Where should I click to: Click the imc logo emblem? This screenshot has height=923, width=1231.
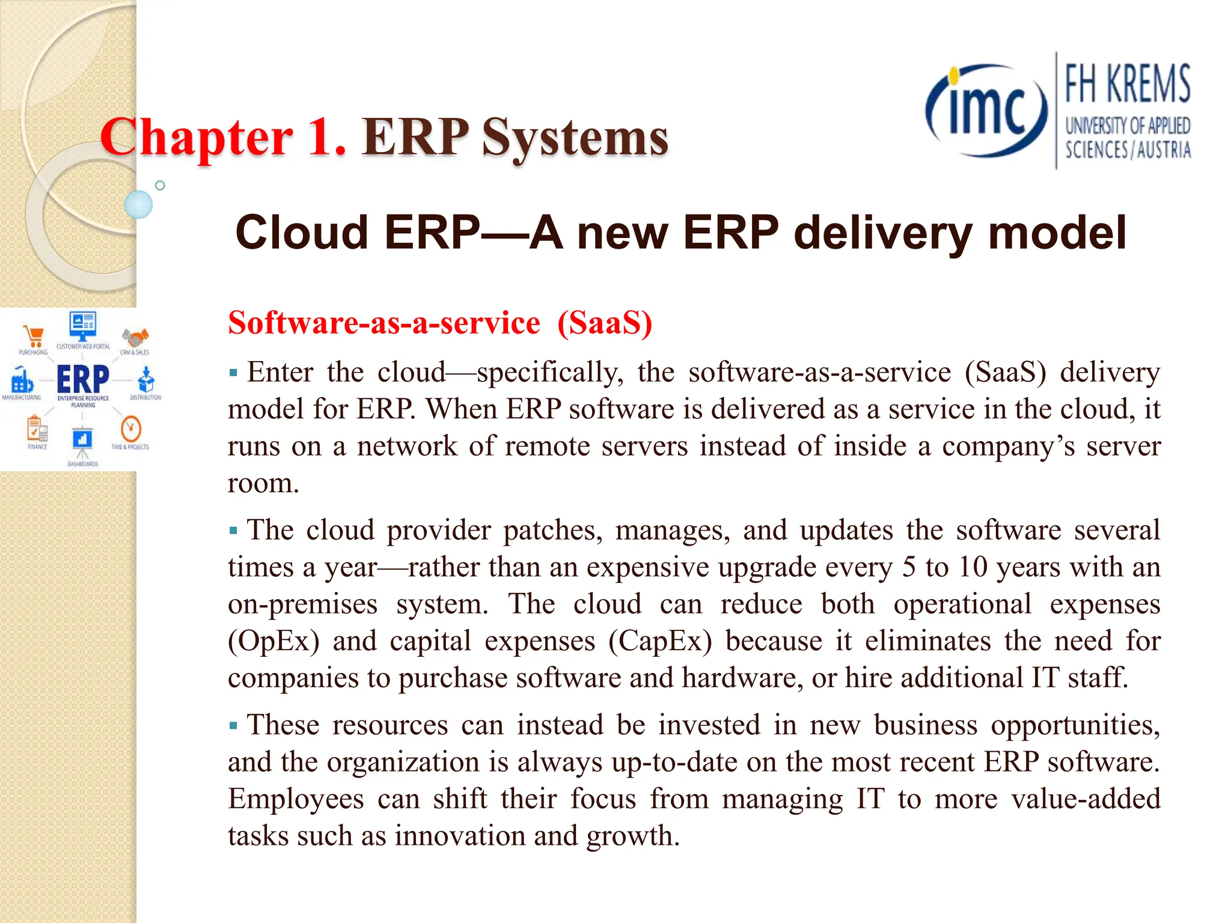click(x=986, y=111)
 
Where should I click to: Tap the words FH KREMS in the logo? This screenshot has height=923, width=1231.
click(x=1127, y=84)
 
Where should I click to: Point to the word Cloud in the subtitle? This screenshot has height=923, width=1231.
click(x=301, y=233)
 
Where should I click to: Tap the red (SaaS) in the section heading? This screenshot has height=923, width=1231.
click(x=604, y=323)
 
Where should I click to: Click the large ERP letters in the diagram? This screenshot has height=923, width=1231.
click(x=83, y=379)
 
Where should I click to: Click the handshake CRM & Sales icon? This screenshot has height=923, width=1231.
click(x=135, y=338)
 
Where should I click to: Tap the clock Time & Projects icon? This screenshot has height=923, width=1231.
click(x=130, y=429)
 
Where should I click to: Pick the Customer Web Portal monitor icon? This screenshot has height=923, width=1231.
click(x=83, y=326)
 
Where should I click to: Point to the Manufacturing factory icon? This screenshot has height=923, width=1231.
click(x=22, y=380)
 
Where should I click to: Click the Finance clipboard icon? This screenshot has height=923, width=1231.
click(x=37, y=429)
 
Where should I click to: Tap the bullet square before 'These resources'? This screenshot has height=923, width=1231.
click(x=233, y=726)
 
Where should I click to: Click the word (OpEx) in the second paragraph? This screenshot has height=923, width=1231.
click(x=273, y=641)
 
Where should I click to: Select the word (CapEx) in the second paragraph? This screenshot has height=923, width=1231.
click(x=659, y=641)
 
